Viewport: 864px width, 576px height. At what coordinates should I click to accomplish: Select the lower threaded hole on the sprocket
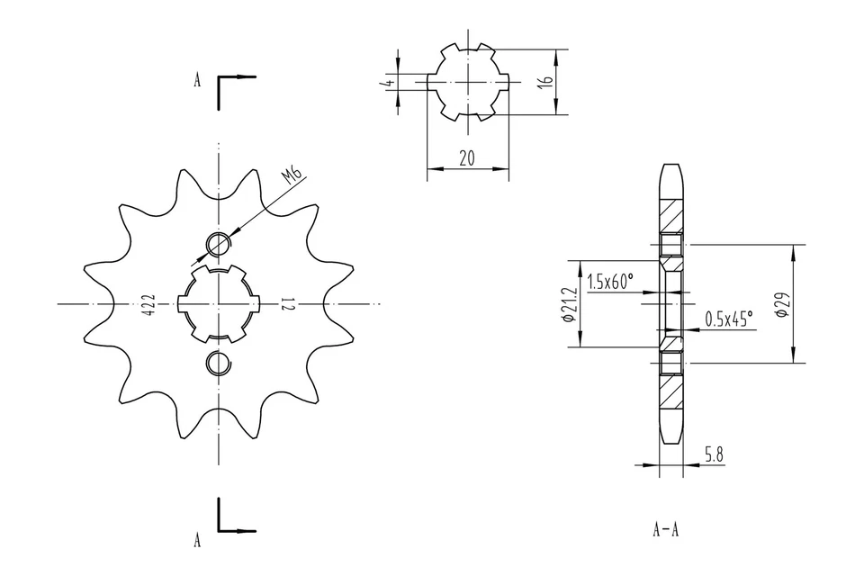coord(218,363)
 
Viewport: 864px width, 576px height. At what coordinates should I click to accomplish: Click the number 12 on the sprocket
coord(286,304)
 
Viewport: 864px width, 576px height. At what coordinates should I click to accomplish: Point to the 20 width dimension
coord(467,158)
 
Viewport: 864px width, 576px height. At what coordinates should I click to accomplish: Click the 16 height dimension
coord(544,82)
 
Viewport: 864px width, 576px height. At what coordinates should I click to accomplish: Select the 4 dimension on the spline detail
coord(385,82)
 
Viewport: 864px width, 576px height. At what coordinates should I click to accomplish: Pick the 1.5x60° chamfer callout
coord(609,282)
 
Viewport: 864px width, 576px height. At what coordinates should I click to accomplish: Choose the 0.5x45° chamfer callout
coord(729,319)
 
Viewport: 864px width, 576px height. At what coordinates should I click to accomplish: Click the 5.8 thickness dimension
coord(713,455)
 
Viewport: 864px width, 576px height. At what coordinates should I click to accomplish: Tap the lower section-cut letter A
coord(197,540)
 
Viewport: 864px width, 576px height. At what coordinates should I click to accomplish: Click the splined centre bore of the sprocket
coord(219,304)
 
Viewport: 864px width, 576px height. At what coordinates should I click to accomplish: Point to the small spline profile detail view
coord(468,82)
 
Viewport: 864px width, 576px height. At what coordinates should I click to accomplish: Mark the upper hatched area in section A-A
coord(670,215)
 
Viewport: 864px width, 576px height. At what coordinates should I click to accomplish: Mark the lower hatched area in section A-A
coord(670,391)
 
